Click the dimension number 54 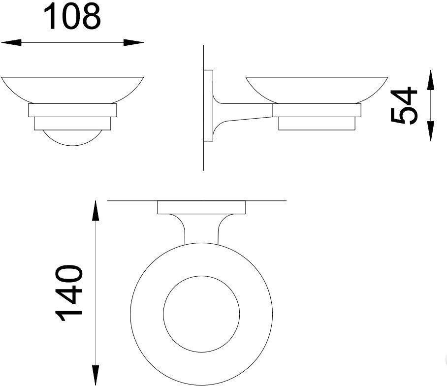(x=404, y=106)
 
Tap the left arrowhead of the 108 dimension (x=11, y=43)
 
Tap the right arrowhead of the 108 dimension (x=134, y=43)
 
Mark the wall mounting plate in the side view (x=208, y=106)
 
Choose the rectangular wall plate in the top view (x=201, y=208)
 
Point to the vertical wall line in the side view (x=204, y=153)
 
